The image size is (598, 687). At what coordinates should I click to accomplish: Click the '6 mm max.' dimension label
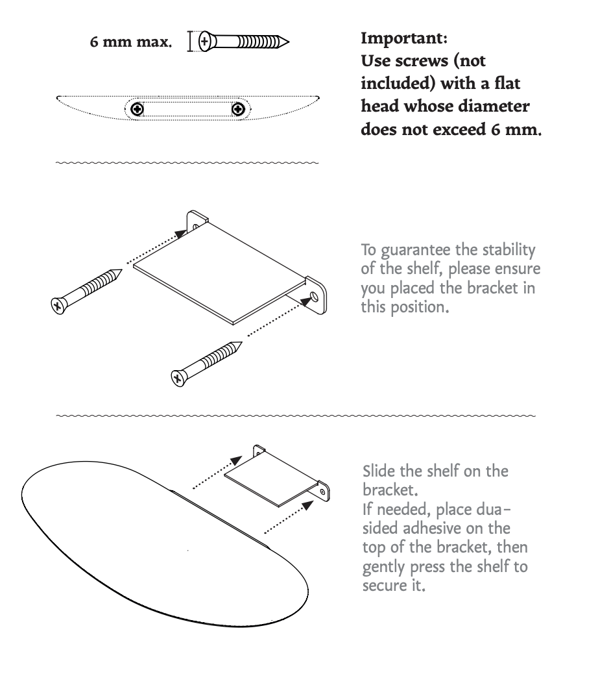130,42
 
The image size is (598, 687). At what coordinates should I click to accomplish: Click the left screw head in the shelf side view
138,108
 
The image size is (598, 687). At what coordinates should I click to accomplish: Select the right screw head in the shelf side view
238,108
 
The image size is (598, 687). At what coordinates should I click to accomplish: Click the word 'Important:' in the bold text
404,38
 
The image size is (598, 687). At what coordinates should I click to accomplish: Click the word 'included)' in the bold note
398,84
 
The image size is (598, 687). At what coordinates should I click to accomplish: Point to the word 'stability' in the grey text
508,250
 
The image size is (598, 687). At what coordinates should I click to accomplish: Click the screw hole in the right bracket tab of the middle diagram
315,297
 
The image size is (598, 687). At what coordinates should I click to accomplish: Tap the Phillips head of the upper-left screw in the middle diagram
58,305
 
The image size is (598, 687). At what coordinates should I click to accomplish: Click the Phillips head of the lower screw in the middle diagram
178,378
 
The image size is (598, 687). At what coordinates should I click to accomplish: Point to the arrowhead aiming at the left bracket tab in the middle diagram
180,234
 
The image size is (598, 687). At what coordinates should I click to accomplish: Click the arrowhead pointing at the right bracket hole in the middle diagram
306,301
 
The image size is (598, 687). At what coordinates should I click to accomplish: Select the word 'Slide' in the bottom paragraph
379,471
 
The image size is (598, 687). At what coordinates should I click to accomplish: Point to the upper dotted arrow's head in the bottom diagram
236,460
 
